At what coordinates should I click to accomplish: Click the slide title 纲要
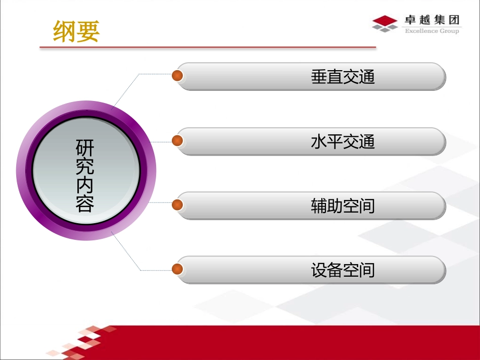pyautogui.click(x=76, y=31)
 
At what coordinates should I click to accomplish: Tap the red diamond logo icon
pyautogui.click(x=385, y=22)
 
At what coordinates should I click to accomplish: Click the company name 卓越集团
pyautogui.click(x=432, y=20)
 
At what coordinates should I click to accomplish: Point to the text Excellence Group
pyautogui.click(x=432, y=31)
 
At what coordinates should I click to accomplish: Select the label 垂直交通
pyautogui.click(x=343, y=77)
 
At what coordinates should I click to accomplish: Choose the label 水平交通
pyautogui.click(x=343, y=141)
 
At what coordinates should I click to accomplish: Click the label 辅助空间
pyautogui.click(x=343, y=206)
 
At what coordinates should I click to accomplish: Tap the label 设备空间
pyautogui.click(x=343, y=271)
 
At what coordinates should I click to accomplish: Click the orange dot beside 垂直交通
pyautogui.click(x=177, y=76)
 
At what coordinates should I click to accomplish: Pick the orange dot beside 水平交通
pyautogui.click(x=177, y=140)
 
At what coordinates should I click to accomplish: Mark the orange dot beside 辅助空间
pyautogui.click(x=177, y=204)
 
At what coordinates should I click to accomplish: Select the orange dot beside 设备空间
pyautogui.click(x=177, y=269)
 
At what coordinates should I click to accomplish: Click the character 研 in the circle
pyautogui.click(x=85, y=147)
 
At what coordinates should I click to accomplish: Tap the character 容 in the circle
pyautogui.click(x=85, y=203)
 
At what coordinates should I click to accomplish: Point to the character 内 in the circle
pyautogui.click(x=85, y=185)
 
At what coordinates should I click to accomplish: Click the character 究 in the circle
pyautogui.click(x=85, y=166)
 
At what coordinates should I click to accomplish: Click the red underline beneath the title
pyautogui.click(x=208, y=48)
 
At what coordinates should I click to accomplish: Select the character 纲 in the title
pyautogui.click(x=65, y=31)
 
